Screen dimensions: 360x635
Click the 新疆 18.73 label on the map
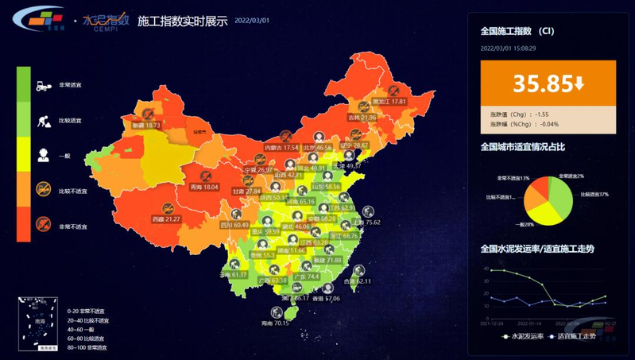pos(146,125)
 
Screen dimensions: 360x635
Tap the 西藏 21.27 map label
pos(166,219)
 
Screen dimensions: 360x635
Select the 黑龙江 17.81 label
pos(389,102)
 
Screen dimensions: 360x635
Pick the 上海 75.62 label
pos(366,223)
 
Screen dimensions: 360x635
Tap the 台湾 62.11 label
pos(358,281)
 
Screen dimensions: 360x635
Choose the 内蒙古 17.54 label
pos(281,148)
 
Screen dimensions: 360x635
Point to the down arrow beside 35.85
pos(580,83)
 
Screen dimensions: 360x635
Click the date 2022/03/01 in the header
pos(251,22)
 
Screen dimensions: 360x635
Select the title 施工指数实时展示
pos(183,21)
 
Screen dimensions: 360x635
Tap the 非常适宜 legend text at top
pos(69,85)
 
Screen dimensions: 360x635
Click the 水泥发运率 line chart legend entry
pos(527,337)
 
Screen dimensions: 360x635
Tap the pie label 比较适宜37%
pos(594,194)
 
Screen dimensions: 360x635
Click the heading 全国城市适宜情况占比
pos(521,147)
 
